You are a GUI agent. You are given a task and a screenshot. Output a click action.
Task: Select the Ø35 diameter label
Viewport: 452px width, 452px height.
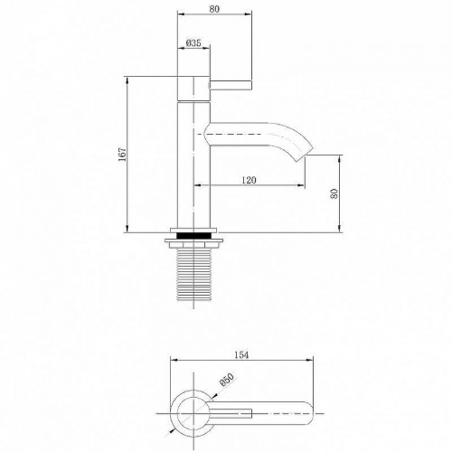(x=192, y=42)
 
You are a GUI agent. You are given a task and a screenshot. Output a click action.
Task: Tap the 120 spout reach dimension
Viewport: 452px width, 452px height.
(x=250, y=181)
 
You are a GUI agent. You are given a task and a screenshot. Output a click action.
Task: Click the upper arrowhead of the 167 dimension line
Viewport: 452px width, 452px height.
(x=125, y=80)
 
